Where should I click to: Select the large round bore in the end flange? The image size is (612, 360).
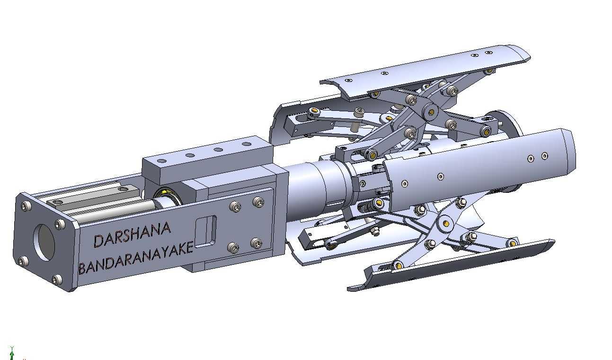[44, 243]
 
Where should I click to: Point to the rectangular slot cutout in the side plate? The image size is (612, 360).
[206, 232]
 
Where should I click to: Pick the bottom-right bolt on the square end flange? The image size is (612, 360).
[57, 279]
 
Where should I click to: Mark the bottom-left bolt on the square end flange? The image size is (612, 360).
[23, 261]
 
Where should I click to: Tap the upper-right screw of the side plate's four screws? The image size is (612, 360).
[258, 202]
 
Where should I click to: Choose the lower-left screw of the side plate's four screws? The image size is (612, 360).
[233, 248]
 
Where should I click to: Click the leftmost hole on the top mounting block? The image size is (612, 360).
[162, 161]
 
